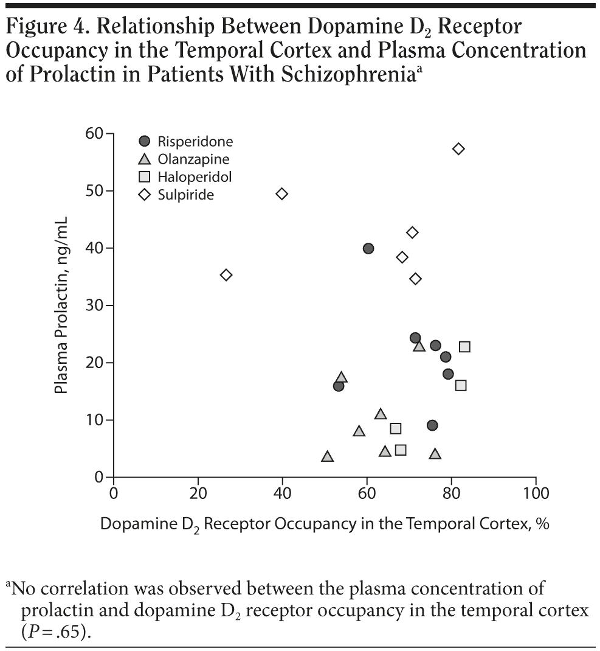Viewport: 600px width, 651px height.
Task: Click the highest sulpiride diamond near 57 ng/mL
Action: tap(459, 148)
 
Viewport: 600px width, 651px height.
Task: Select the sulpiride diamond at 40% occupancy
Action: tap(281, 193)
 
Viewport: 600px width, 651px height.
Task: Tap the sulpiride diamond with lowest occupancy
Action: tap(226, 275)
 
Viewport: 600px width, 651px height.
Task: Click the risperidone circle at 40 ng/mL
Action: tap(368, 248)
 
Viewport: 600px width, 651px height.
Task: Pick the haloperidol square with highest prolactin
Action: tap(464, 347)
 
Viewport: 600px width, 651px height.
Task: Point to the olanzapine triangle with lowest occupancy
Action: tap(327, 456)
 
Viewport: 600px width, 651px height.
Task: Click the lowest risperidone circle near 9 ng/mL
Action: tap(432, 425)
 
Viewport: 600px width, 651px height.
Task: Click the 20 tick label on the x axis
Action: tap(198, 493)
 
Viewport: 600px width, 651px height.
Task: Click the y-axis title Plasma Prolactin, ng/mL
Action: tap(61, 304)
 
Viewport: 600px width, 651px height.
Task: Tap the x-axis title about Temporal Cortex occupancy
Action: tap(325, 524)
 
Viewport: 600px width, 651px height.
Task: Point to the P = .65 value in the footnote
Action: tap(55, 630)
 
